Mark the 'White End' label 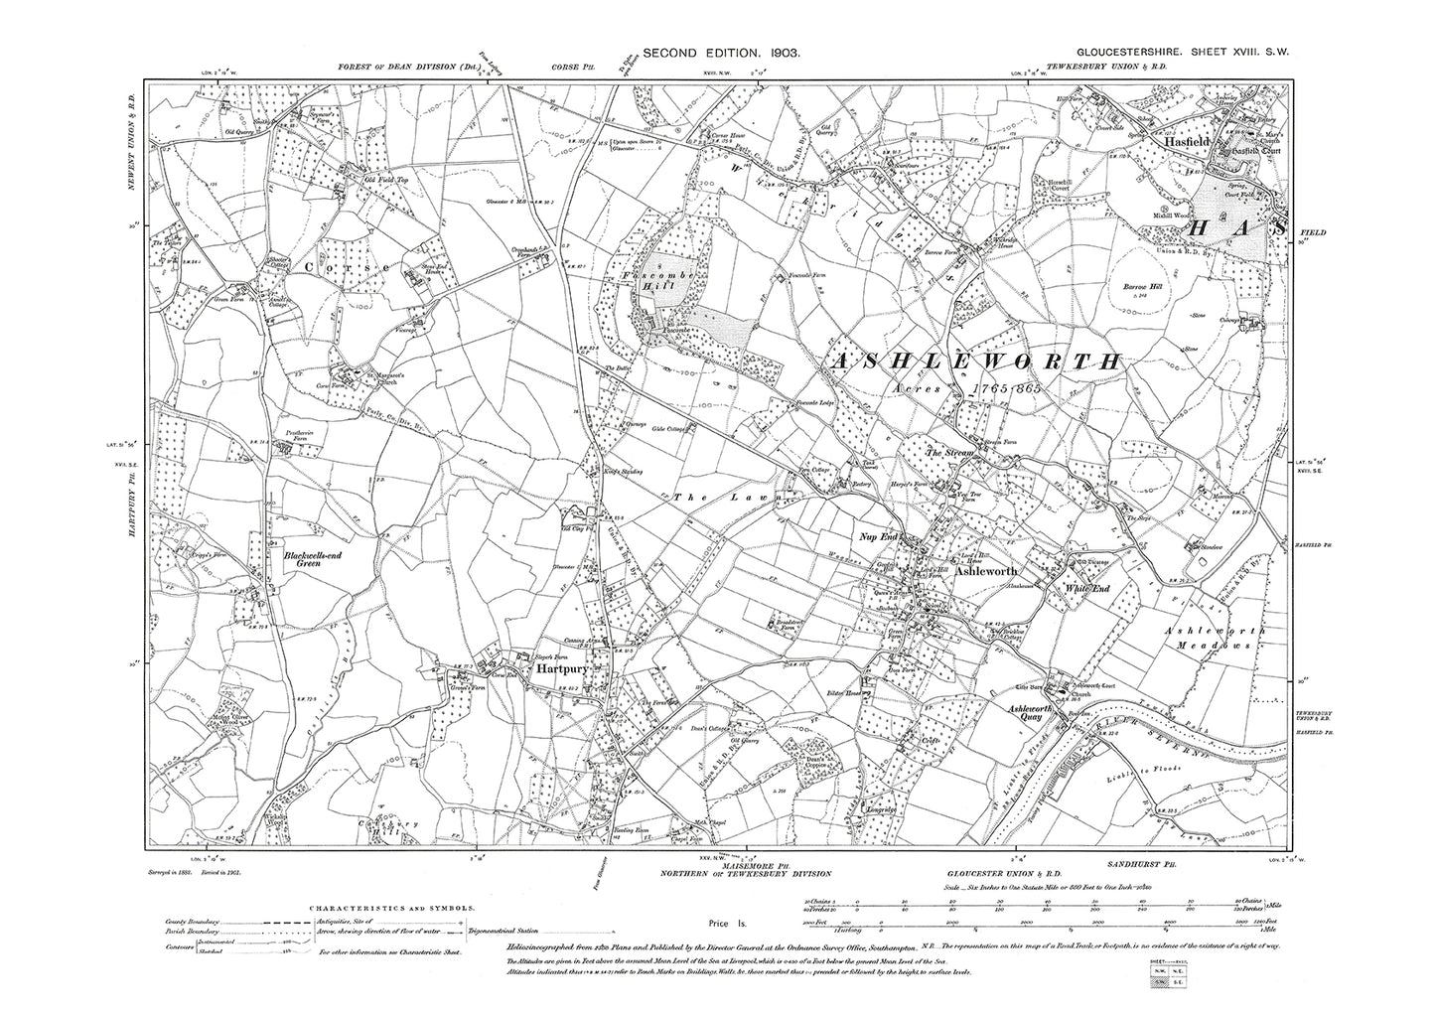click(x=1085, y=588)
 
